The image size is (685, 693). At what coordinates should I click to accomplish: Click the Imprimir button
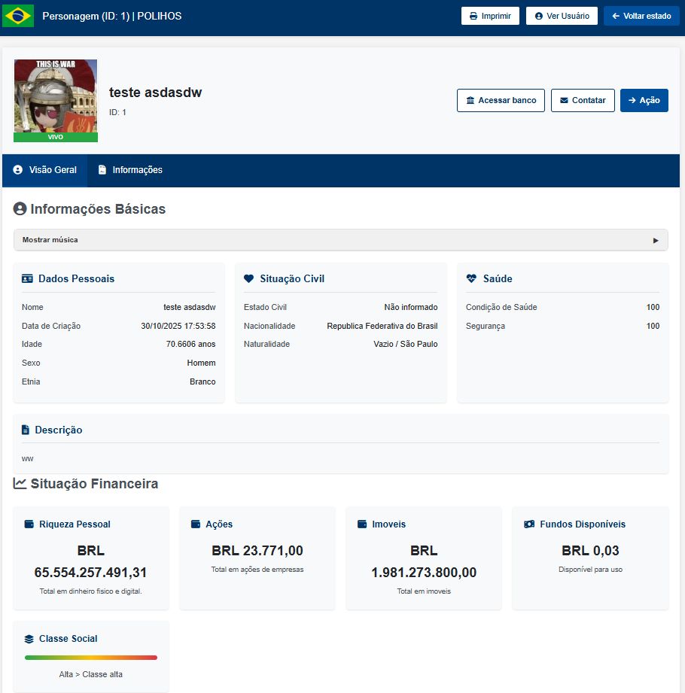pyautogui.click(x=490, y=16)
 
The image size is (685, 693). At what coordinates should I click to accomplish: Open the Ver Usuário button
pyautogui.click(x=562, y=16)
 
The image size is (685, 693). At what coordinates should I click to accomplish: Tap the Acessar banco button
pyautogui.click(x=501, y=100)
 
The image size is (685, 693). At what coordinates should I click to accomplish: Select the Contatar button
pyautogui.click(x=583, y=100)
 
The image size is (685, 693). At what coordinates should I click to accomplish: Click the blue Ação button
pyautogui.click(x=644, y=100)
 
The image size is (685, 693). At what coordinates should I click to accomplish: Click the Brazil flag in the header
pyautogui.click(x=18, y=16)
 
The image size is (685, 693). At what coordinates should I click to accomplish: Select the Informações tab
pyautogui.click(x=130, y=170)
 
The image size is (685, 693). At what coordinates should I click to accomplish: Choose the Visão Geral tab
pyautogui.click(x=45, y=170)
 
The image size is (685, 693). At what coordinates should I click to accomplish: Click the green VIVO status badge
pyautogui.click(x=56, y=138)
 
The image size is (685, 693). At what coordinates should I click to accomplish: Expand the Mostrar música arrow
pyautogui.click(x=656, y=240)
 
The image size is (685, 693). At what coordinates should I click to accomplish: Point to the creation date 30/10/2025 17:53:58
pyautogui.click(x=178, y=326)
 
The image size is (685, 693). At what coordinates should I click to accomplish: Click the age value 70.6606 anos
pyautogui.click(x=190, y=344)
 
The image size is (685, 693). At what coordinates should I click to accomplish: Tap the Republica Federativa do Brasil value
pyautogui.click(x=382, y=326)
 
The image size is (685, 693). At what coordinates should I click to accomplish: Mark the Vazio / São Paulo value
pyautogui.click(x=405, y=344)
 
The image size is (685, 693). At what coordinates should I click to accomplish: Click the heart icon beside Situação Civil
pyautogui.click(x=249, y=278)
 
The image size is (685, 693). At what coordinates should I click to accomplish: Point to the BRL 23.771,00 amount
pyautogui.click(x=257, y=551)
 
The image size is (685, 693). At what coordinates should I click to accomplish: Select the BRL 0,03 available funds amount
pyautogui.click(x=590, y=551)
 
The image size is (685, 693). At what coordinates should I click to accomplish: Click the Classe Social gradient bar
pyautogui.click(x=91, y=657)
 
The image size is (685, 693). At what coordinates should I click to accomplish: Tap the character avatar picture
pyautogui.click(x=56, y=96)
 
